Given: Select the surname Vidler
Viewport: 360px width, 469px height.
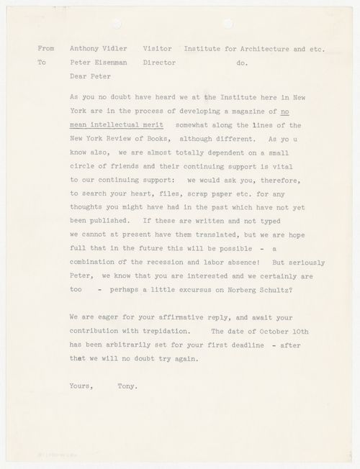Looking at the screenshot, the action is [120, 49].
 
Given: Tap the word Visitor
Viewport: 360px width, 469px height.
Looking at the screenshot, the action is [160, 49].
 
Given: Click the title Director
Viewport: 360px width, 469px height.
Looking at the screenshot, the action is [162, 63].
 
